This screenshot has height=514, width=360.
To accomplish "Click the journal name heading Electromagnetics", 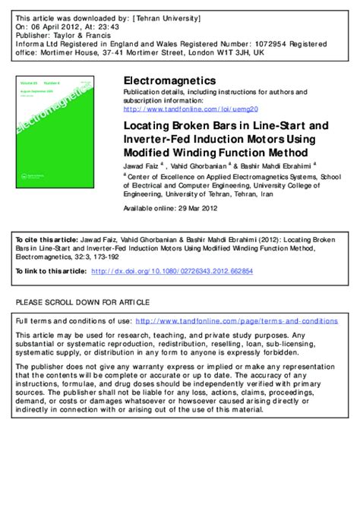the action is [169, 80].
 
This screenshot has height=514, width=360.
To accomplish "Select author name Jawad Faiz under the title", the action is [142, 164].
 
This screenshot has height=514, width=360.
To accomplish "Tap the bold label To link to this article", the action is [51, 270].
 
